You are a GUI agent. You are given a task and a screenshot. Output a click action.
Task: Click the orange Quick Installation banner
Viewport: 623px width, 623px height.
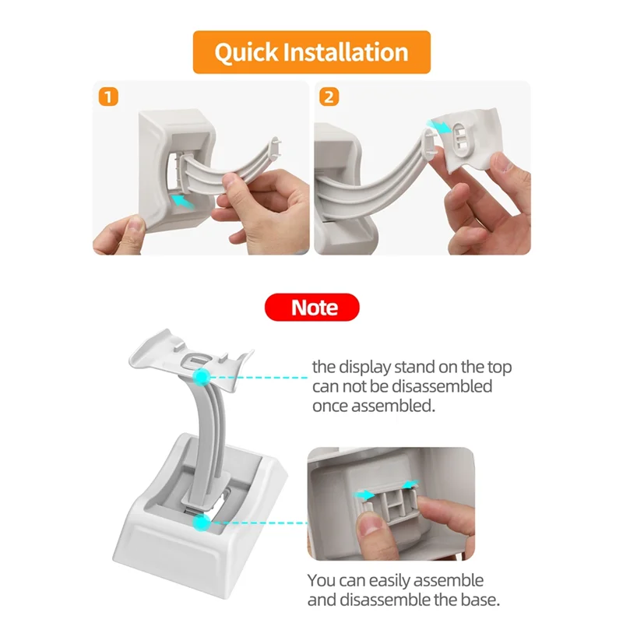tap(311, 52)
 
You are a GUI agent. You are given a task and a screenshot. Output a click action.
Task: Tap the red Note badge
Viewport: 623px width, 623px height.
tap(311, 307)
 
